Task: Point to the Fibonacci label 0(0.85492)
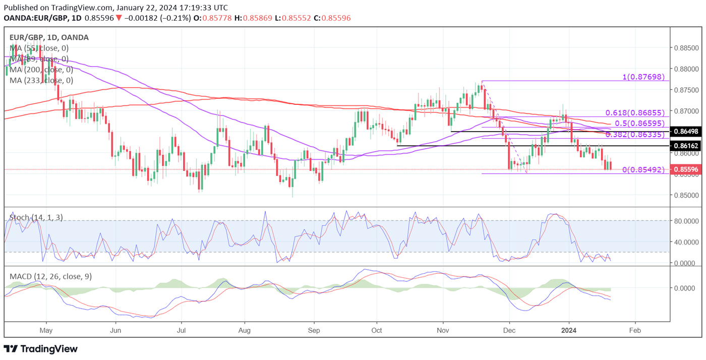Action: (643, 170)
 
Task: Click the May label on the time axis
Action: (46, 330)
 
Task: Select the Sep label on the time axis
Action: (314, 330)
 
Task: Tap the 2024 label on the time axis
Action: (569, 330)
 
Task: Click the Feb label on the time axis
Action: (635, 330)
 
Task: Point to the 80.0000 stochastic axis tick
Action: (687, 221)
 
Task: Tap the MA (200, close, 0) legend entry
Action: (41, 70)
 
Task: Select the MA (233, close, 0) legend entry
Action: (41, 80)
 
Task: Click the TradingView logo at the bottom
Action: (41, 349)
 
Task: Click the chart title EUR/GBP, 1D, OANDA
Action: (49, 37)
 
